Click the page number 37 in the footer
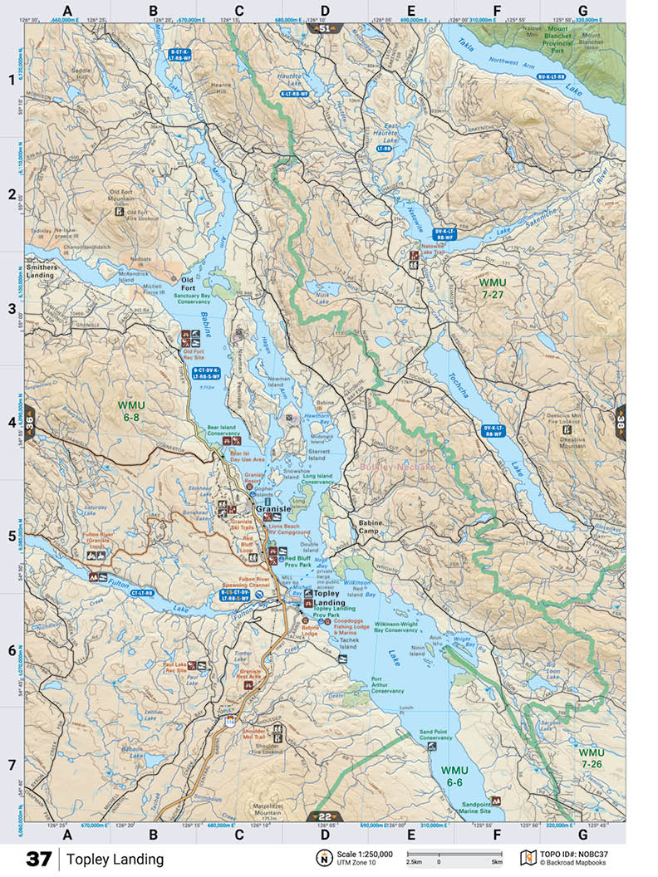pos(38,859)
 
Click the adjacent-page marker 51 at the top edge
pos(324,28)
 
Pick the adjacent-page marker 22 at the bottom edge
pos(324,816)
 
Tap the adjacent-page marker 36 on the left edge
pos(31,422)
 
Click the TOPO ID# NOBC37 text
pos(581,854)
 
